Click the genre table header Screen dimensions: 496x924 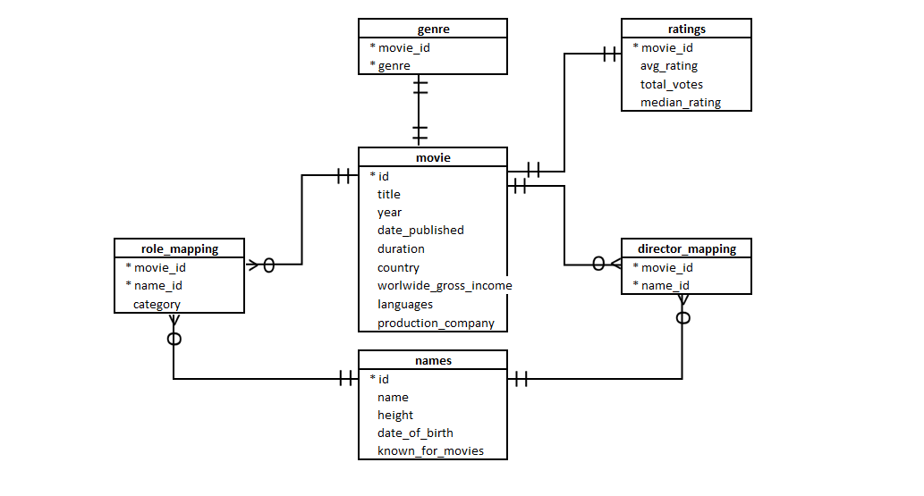(433, 29)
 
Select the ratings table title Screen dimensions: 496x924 (686, 29)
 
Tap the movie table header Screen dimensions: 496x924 (433, 157)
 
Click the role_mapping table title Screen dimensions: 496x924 (179, 248)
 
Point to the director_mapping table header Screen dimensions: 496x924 (686, 248)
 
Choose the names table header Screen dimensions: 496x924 (433, 360)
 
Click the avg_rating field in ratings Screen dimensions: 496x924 (668, 66)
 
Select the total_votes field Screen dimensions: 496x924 (671, 84)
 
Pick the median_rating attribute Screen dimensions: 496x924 (680, 103)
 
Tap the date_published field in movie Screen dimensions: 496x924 (420, 231)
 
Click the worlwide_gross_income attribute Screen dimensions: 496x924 (445, 285)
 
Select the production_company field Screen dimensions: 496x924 (436, 323)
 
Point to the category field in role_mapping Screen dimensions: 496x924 (157, 304)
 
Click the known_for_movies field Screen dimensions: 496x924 (430, 450)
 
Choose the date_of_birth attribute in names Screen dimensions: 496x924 (415, 433)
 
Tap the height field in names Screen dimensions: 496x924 (394, 415)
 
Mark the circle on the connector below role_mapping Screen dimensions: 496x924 (174, 339)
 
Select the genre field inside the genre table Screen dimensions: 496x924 (394, 65)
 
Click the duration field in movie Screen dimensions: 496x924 (401, 248)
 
